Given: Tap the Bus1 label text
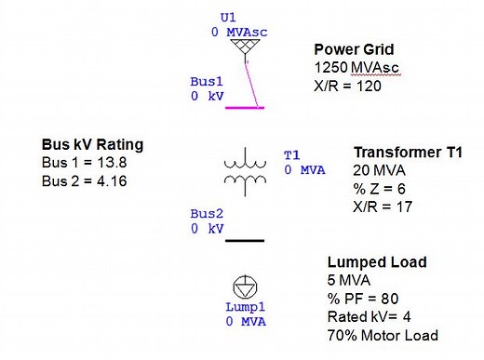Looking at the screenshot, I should click(207, 82).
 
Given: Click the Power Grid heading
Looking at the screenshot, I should click(353, 49).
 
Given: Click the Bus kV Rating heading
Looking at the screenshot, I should click(92, 145).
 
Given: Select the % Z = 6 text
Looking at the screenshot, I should click(375, 188).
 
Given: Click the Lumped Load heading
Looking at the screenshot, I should click(377, 263).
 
